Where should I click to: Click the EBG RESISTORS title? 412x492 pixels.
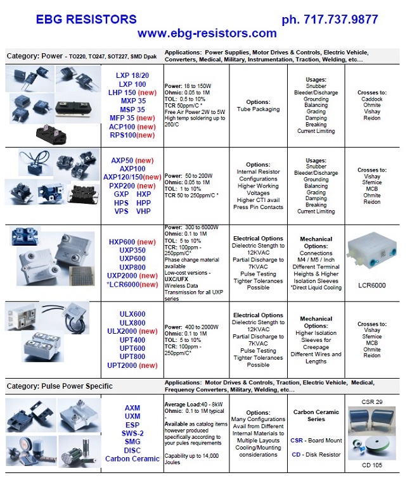pos(86,20)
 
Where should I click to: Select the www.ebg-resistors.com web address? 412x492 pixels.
pos(207,34)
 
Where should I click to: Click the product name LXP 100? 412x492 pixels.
pos(132,84)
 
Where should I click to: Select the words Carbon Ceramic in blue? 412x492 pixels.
pos(132,458)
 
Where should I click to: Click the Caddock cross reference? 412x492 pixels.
pos(372,100)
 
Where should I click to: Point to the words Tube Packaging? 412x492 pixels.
pos(257,109)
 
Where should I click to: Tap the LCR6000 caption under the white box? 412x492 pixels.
pos(372,286)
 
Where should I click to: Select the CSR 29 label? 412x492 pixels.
pos(371,402)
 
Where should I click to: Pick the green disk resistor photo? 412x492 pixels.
pos(379,446)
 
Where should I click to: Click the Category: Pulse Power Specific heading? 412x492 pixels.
pos(60,386)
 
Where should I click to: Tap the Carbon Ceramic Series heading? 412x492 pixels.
pos(316,415)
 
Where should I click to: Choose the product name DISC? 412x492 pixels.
pos(132,450)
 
